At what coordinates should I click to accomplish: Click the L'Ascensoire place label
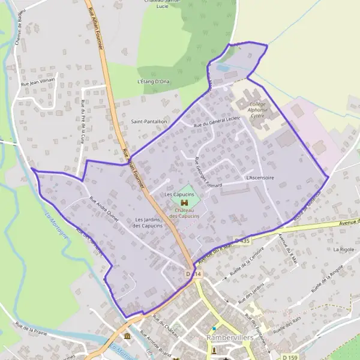click(x=260, y=178)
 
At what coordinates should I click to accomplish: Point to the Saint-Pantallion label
click(x=148, y=121)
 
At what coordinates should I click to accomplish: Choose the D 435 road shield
click(x=241, y=241)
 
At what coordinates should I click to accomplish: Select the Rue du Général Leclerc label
click(x=217, y=120)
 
